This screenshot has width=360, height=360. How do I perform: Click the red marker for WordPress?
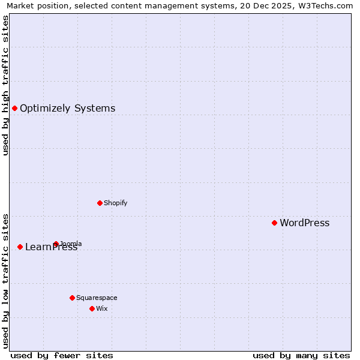[x=274, y=223]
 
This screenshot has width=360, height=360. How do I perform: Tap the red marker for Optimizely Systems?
[x=14, y=108]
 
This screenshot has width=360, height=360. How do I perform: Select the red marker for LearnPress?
[x=20, y=247]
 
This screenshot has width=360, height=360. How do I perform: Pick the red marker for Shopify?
[x=100, y=203]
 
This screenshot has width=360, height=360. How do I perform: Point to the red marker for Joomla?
[x=56, y=244]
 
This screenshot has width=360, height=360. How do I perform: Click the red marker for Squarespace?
[x=72, y=298]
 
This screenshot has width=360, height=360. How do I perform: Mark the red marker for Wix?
[x=92, y=308]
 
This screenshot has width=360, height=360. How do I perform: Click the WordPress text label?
[x=304, y=223]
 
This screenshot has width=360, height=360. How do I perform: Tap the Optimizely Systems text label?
[x=67, y=109]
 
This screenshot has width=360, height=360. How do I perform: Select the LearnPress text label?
[x=51, y=247]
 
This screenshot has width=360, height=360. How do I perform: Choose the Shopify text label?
[x=115, y=203]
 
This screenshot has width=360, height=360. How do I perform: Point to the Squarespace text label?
[x=97, y=298]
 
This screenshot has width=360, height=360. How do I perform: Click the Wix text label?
[x=101, y=308]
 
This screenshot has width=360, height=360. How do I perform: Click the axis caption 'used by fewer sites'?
[x=62, y=355]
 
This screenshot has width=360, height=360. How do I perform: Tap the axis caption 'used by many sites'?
[x=301, y=355]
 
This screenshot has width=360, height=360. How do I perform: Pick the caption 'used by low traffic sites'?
[x=6, y=281]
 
